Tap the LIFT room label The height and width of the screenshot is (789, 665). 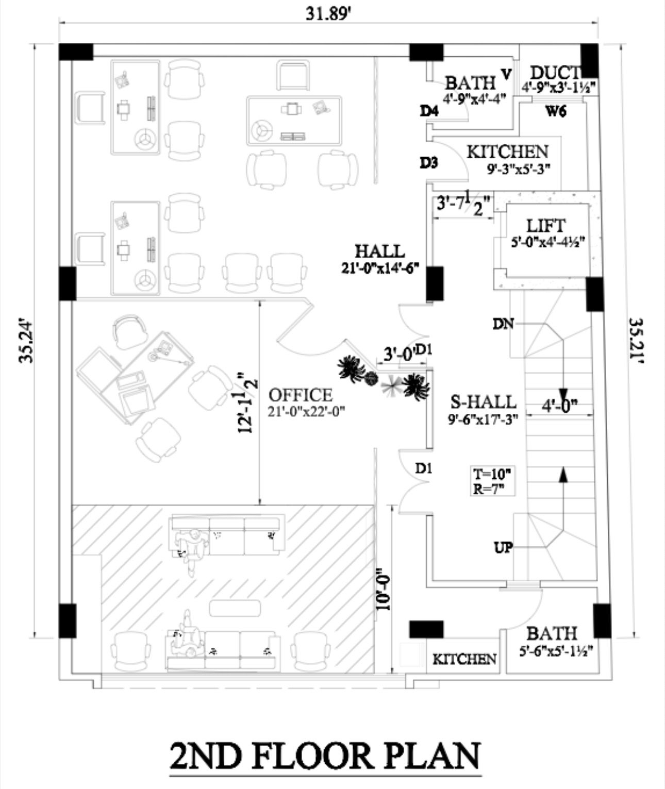coord(545,226)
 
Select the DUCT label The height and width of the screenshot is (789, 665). coord(555,73)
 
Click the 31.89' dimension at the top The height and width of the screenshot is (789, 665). coord(328,13)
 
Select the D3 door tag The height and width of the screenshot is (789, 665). coord(429,163)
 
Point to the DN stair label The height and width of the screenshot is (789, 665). coord(503,324)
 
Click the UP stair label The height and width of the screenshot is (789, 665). coord(503,547)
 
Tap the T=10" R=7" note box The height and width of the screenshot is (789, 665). coord(493,481)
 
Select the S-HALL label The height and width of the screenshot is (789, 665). coord(483,401)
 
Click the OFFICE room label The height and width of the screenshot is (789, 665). coord(301,395)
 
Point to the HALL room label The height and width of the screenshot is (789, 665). coord(380,251)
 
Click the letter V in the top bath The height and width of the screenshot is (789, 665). coord(506,74)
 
